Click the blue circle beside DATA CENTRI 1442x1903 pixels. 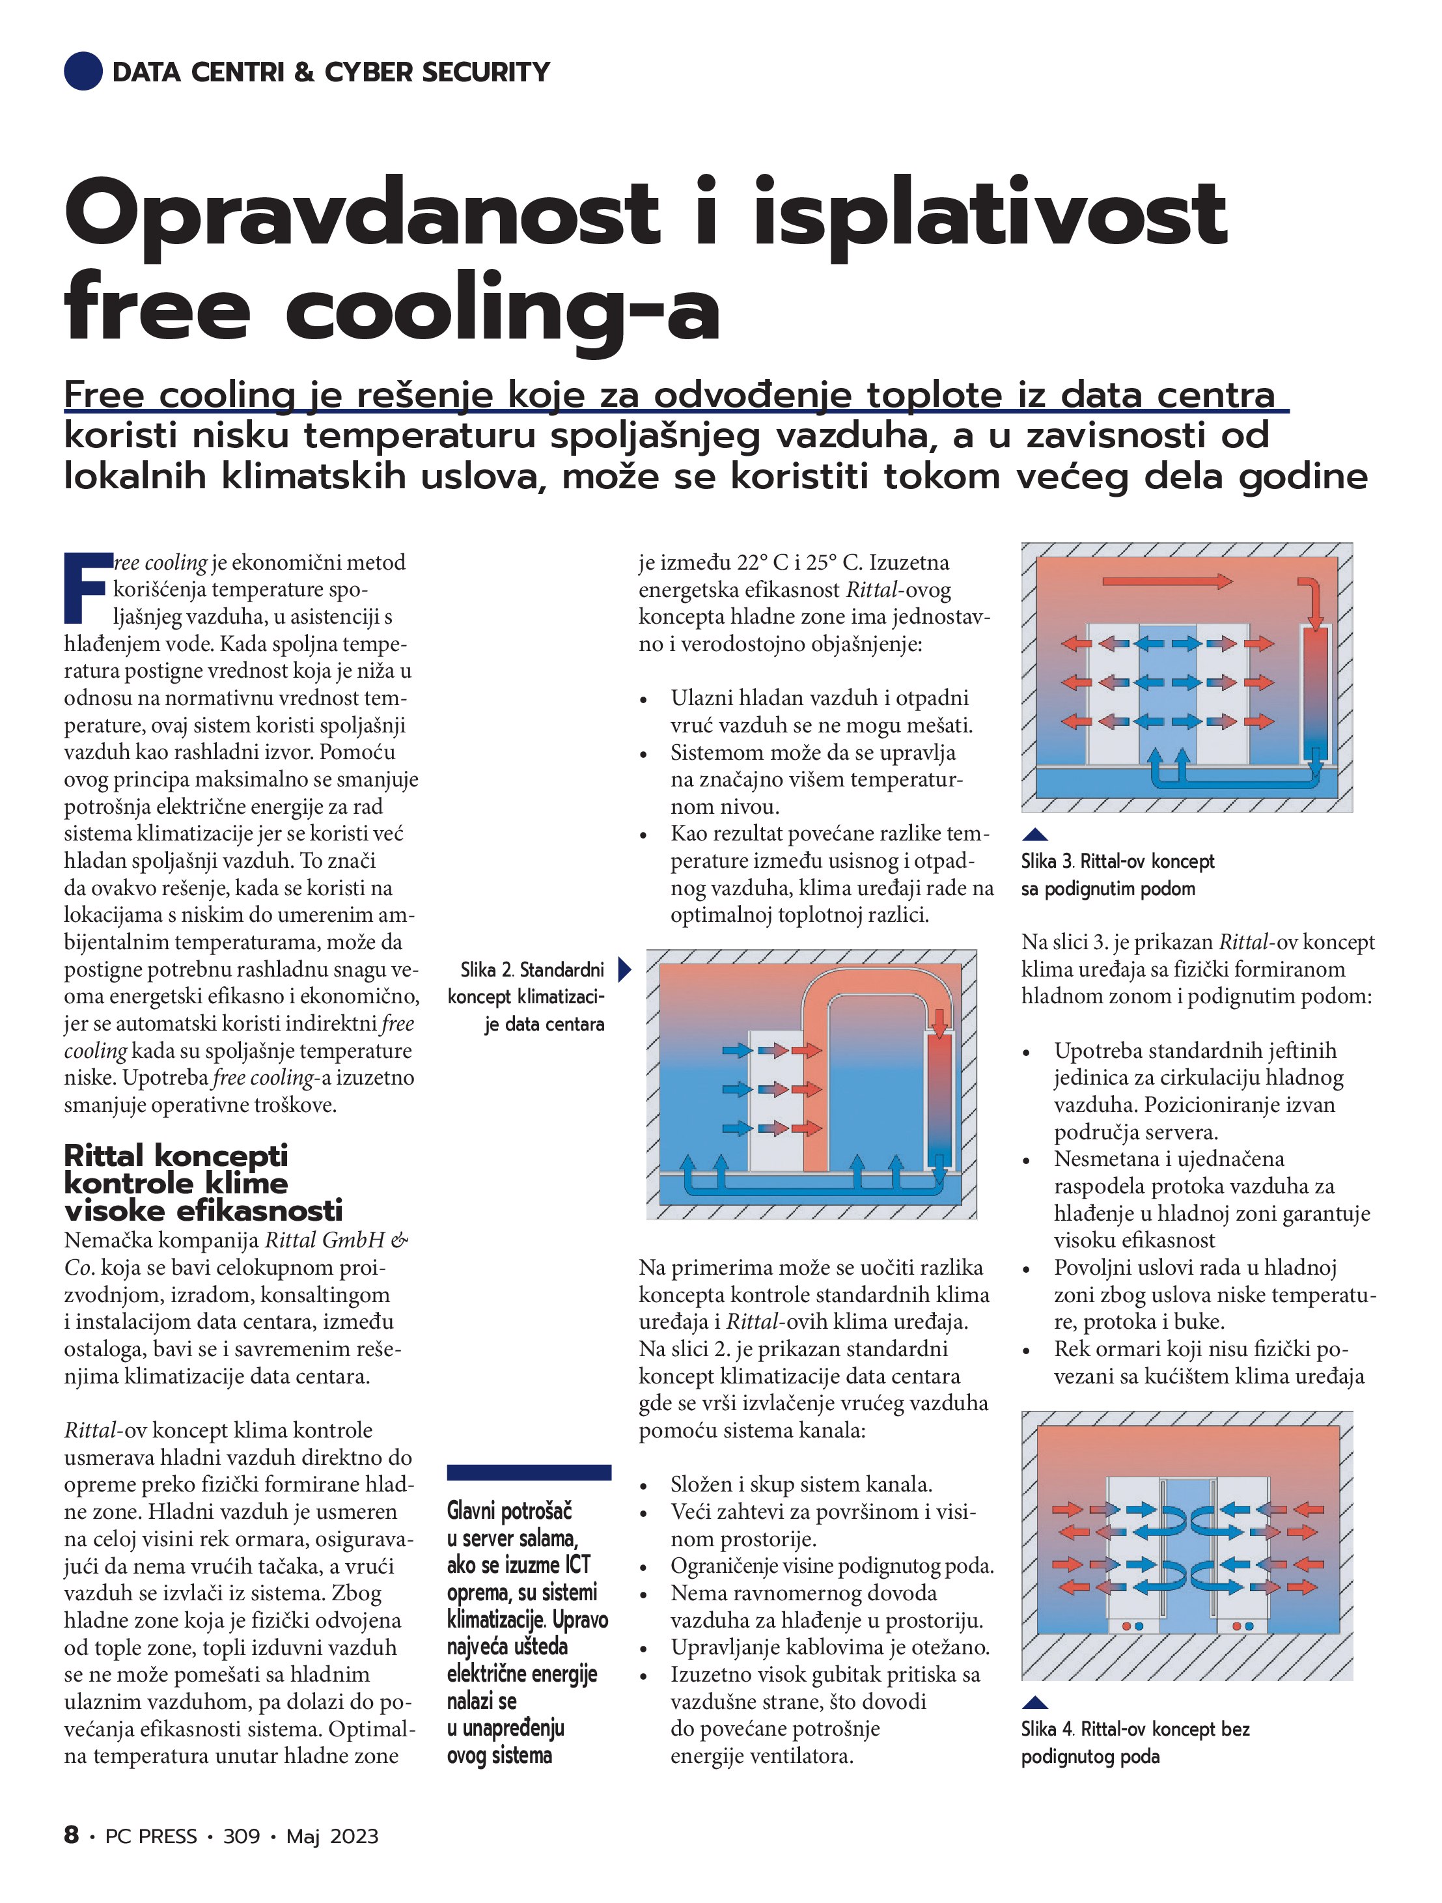coord(83,72)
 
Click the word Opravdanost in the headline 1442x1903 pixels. coord(361,215)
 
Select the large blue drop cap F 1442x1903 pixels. coord(87,588)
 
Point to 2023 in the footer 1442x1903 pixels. coord(354,1836)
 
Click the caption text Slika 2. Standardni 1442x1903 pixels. coord(532,969)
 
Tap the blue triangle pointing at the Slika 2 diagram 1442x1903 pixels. coord(624,969)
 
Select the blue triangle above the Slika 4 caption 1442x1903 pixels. coord(1035,1702)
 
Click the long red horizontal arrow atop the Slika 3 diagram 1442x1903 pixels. coord(1167,581)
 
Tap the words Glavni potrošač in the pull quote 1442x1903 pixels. coord(509,1510)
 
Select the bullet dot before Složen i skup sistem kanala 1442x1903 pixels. coord(644,1486)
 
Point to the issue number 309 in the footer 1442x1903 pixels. coord(241,1836)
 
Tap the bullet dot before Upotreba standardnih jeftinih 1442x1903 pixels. coord(1027,1053)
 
